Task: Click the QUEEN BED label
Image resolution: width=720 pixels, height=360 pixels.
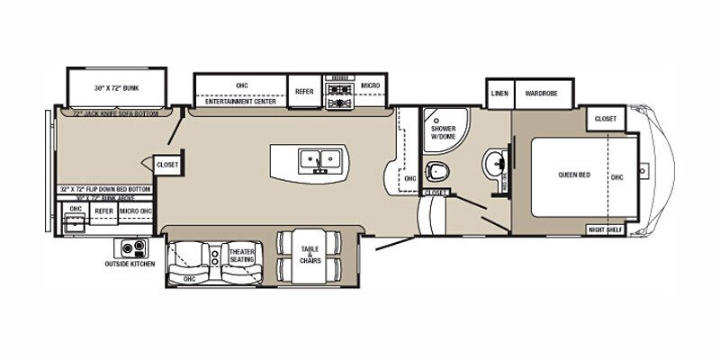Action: pos(574,175)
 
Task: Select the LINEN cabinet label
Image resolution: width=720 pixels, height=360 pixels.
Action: pos(499,93)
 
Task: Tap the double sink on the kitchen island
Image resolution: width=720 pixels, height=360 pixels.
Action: pos(317,158)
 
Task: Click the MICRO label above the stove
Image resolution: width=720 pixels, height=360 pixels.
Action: pos(371,85)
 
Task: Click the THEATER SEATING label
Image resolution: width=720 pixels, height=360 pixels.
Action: pos(241,256)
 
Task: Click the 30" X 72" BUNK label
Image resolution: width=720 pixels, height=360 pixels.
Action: pos(116,88)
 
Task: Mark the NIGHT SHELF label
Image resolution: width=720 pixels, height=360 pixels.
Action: pos(606,229)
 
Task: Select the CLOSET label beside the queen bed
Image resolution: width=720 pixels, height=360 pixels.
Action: pos(606,118)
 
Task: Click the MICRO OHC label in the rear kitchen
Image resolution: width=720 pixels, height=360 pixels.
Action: pos(135,211)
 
